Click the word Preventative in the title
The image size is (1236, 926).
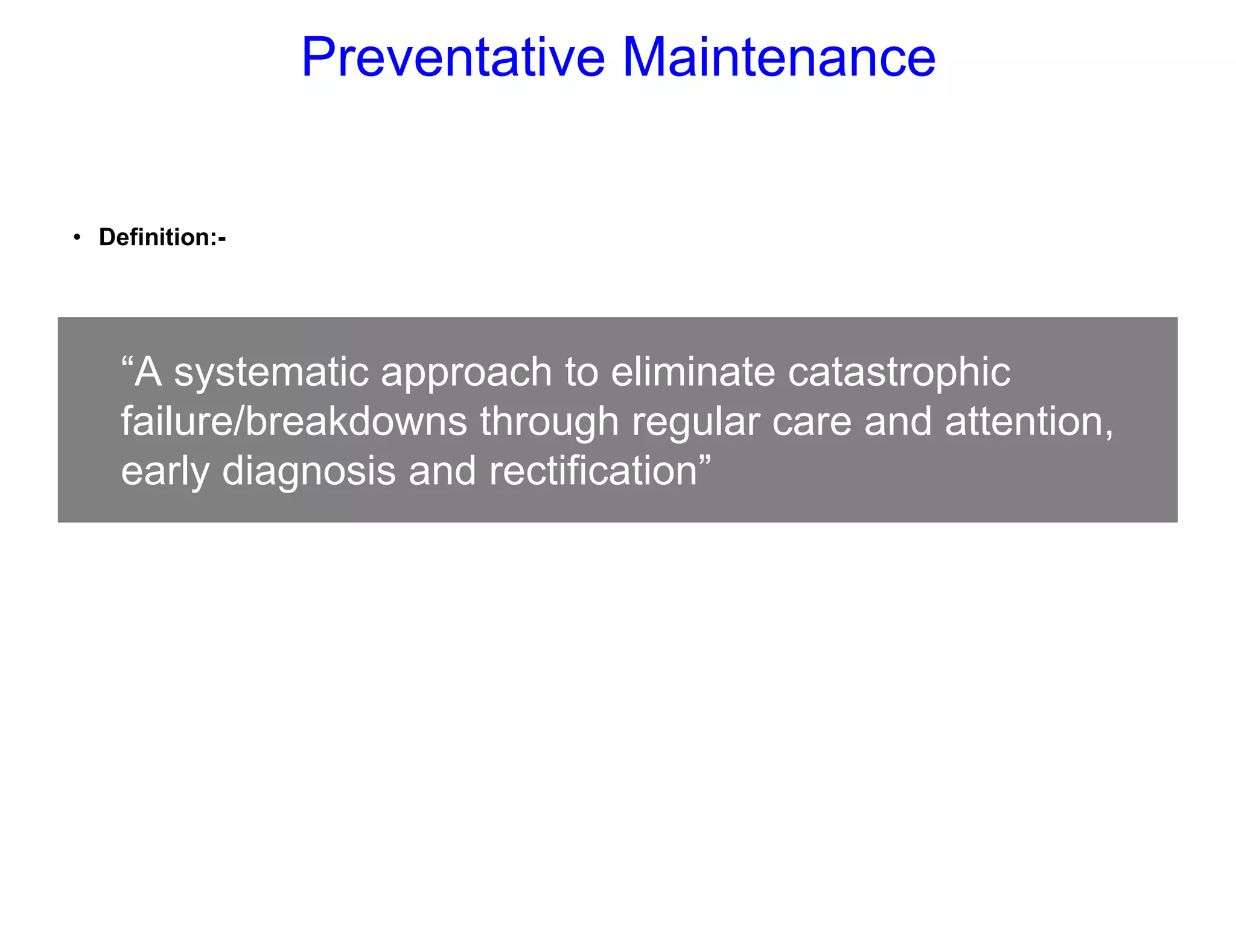[453, 57]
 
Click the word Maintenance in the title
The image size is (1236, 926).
[779, 57]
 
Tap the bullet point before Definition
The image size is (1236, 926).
[77, 237]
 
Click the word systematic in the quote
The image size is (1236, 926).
[271, 372]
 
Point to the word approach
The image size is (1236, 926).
[466, 372]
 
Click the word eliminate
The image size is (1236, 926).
[692, 372]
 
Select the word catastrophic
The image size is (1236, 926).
[899, 372]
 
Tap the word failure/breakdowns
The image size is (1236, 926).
[294, 422]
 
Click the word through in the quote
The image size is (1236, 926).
[549, 422]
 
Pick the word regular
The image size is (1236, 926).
[695, 422]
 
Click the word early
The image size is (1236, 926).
[164, 471]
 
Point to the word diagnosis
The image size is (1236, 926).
[308, 471]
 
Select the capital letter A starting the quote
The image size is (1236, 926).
[148, 372]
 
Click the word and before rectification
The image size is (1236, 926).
[442, 471]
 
